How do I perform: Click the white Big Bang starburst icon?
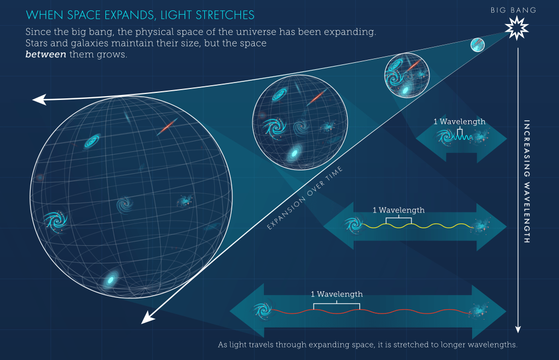(516, 27)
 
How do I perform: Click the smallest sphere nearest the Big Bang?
(477, 45)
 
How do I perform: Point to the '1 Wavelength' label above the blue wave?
(459, 121)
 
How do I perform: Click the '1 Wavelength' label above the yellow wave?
(398, 210)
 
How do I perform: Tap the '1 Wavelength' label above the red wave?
(337, 294)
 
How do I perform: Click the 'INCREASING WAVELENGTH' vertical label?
(527, 181)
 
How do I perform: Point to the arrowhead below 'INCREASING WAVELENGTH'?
(518, 329)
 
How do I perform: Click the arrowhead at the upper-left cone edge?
(38, 99)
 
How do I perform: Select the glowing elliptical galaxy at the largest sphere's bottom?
(111, 280)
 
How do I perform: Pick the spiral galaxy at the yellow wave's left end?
(352, 224)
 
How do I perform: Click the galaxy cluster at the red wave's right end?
(480, 312)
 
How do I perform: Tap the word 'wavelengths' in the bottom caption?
(492, 345)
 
